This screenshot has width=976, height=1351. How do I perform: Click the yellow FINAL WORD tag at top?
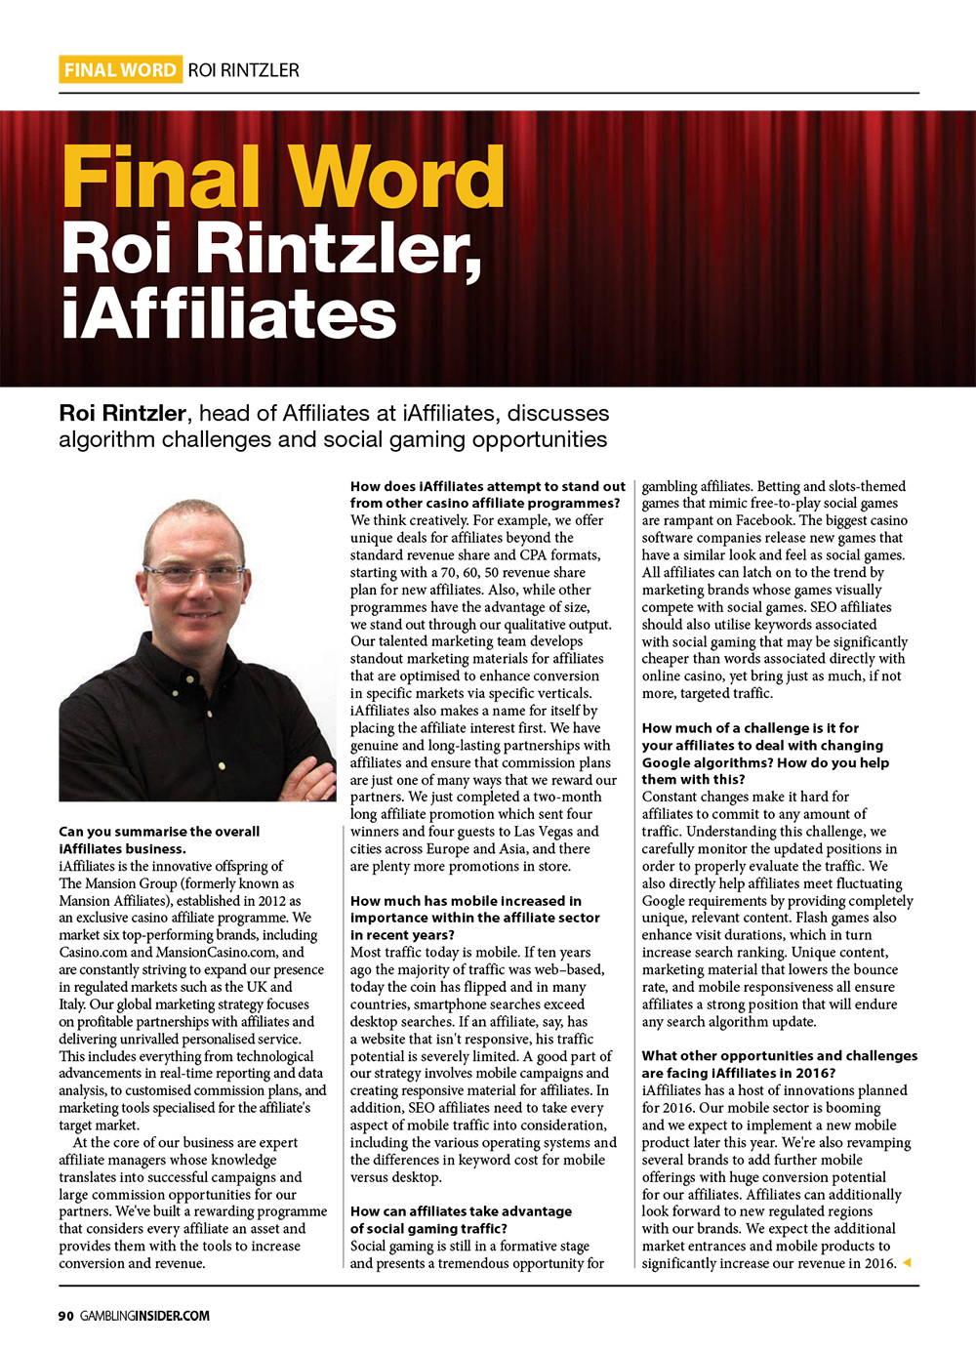(120, 69)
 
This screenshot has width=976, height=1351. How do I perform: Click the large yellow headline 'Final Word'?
(283, 178)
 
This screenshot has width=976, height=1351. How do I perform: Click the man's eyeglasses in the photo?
(193, 574)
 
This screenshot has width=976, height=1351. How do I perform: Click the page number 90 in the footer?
(65, 1315)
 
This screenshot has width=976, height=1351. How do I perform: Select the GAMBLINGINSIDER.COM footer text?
(145, 1315)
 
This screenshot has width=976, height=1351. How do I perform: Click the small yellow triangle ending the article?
(907, 1263)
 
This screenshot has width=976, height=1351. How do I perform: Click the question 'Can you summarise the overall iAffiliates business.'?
(159, 839)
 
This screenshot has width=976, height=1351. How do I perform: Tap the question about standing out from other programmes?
(488, 494)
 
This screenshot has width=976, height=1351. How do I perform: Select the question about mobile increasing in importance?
(475, 918)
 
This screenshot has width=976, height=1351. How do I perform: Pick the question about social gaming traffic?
(461, 1219)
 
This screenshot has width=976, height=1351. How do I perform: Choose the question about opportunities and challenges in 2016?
(779, 1064)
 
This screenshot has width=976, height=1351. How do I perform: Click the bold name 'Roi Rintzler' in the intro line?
(121, 413)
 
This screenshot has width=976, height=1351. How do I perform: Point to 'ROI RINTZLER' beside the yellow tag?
(243, 70)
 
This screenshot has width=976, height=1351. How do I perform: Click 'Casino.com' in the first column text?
(93, 952)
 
